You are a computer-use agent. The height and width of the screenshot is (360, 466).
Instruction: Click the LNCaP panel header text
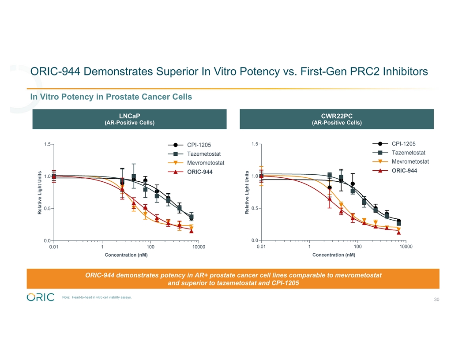129,116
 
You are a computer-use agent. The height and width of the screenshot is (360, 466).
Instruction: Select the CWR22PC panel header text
336,116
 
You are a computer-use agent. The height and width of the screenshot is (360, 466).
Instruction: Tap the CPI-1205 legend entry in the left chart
199,145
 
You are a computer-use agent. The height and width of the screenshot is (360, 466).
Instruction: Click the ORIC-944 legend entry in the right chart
404,170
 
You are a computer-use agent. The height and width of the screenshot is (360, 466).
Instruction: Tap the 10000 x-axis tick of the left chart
199,247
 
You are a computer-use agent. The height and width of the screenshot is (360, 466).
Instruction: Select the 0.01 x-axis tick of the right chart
261,247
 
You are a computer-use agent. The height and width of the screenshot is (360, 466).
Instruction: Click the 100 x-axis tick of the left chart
150,247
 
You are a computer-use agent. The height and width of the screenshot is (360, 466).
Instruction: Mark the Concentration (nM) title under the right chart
334,255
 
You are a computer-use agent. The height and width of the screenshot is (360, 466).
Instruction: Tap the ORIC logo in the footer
41,297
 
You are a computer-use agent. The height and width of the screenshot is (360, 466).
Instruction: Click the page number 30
436,300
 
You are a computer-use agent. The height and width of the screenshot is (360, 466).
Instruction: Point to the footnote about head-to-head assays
97,297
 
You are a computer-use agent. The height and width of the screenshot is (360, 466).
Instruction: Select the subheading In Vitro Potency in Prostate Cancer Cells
111,97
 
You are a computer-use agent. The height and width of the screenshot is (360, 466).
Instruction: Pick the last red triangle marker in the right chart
398,232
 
